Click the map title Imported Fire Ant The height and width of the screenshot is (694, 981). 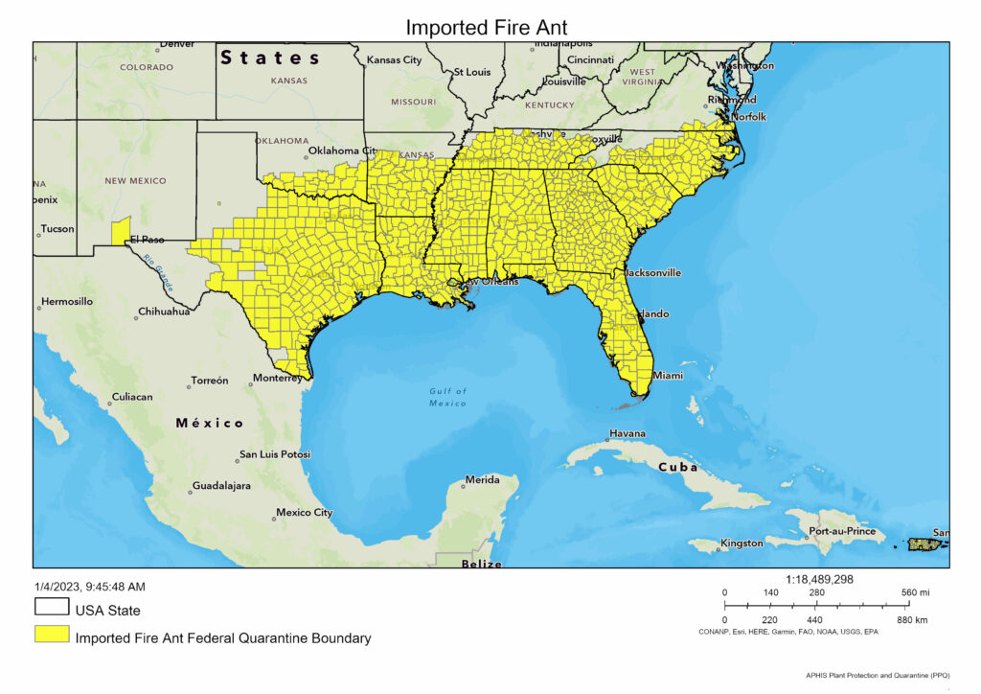coord(486,27)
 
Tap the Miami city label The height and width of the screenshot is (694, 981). coord(668,376)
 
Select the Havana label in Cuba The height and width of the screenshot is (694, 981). coord(627,433)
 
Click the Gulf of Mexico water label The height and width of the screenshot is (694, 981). coord(448,397)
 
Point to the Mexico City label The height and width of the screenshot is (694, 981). coord(304,513)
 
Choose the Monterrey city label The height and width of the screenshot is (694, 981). coord(278,378)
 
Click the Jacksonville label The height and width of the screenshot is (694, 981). coord(653,272)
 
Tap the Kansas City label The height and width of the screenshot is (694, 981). coord(394,60)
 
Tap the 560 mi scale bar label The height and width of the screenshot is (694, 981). coord(914,592)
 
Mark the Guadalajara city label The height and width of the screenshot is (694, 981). coord(221,486)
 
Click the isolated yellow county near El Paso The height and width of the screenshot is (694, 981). coord(121,231)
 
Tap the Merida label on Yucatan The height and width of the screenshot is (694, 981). coord(482,479)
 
